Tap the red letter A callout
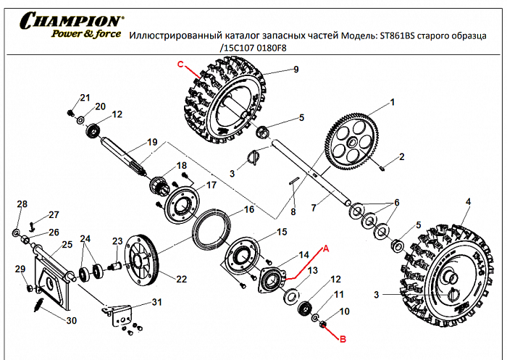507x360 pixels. point(325,247)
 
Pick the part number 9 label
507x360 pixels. point(296,70)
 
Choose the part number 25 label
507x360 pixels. point(67,245)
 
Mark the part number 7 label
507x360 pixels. point(314,208)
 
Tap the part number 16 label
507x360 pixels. point(248,209)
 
